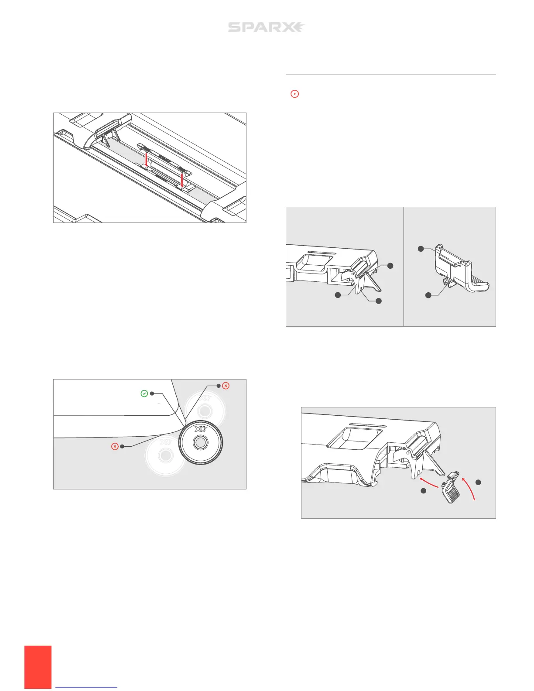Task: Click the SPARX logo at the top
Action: pos(266,27)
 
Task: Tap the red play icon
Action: pos(295,93)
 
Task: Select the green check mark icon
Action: pos(144,393)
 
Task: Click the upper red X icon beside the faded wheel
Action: pos(226,386)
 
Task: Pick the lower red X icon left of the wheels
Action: pos(115,446)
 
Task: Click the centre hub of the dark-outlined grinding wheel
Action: pos(200,442)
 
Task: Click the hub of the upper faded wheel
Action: pos(204,411)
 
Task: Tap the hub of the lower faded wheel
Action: pos(165,455)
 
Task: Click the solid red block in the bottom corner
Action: pos(38,667)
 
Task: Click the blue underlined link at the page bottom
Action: pos(87,687)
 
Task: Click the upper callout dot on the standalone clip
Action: pos(421,249)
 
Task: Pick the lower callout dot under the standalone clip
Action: pos(428,295)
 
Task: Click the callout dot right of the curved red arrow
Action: pos(478,482)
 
